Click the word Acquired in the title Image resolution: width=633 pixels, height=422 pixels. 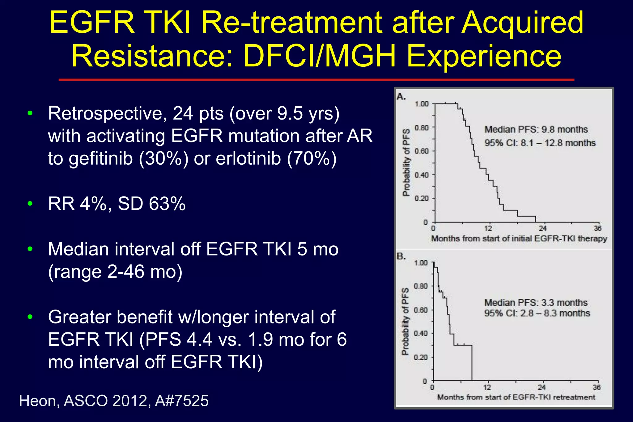522,23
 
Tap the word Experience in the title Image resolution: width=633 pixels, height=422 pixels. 484,57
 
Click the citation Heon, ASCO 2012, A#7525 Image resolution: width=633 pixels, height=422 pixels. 114,401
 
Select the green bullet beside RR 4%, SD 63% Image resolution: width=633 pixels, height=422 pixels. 30,204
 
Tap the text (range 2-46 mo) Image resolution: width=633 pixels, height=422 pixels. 115,272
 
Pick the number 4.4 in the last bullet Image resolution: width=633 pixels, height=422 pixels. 199,340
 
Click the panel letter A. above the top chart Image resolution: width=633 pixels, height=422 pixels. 401,97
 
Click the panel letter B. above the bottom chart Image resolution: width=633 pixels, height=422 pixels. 401,256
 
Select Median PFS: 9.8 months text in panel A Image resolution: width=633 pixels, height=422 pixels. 536,129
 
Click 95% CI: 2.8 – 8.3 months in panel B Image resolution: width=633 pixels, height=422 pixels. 537,313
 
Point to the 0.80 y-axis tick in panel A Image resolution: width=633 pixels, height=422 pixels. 422,128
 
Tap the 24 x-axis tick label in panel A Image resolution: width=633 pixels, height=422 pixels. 543,229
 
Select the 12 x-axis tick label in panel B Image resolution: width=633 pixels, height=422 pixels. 487,387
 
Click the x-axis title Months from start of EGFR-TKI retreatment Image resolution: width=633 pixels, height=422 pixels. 516,397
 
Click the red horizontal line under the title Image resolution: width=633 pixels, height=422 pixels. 316,80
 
